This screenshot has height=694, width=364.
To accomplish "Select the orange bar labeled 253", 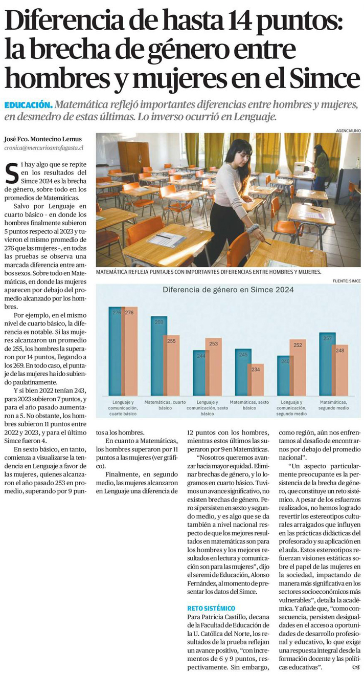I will click(x=214, y=366).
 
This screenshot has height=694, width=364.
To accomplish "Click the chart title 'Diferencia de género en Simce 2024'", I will click(x=228, y=290).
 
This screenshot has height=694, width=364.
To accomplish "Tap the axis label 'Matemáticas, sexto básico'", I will click(x=249, y=405).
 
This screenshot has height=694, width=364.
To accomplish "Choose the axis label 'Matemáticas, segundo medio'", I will click(x=333, y=405).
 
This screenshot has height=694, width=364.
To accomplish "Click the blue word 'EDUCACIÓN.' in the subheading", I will click(x=28, y=105).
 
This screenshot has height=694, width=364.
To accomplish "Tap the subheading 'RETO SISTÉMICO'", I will click(x=211, y=608).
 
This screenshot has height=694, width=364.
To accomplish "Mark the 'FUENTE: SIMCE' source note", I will click(x=346, y=281).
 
